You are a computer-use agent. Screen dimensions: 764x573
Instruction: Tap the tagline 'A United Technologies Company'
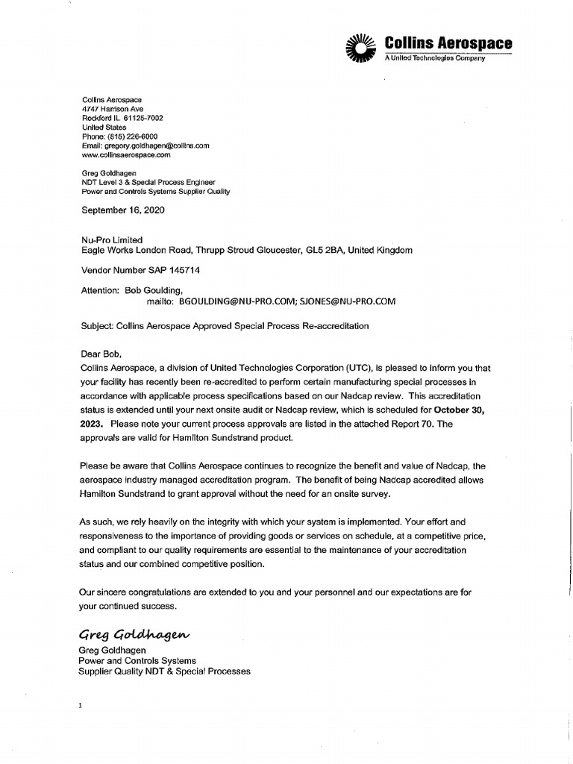434,58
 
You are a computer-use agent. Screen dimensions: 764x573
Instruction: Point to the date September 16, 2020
122,210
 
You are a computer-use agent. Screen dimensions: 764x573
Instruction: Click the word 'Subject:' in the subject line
96,327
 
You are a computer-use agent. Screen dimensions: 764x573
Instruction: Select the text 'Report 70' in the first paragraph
412,424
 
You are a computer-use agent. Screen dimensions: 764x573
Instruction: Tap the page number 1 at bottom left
78,704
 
